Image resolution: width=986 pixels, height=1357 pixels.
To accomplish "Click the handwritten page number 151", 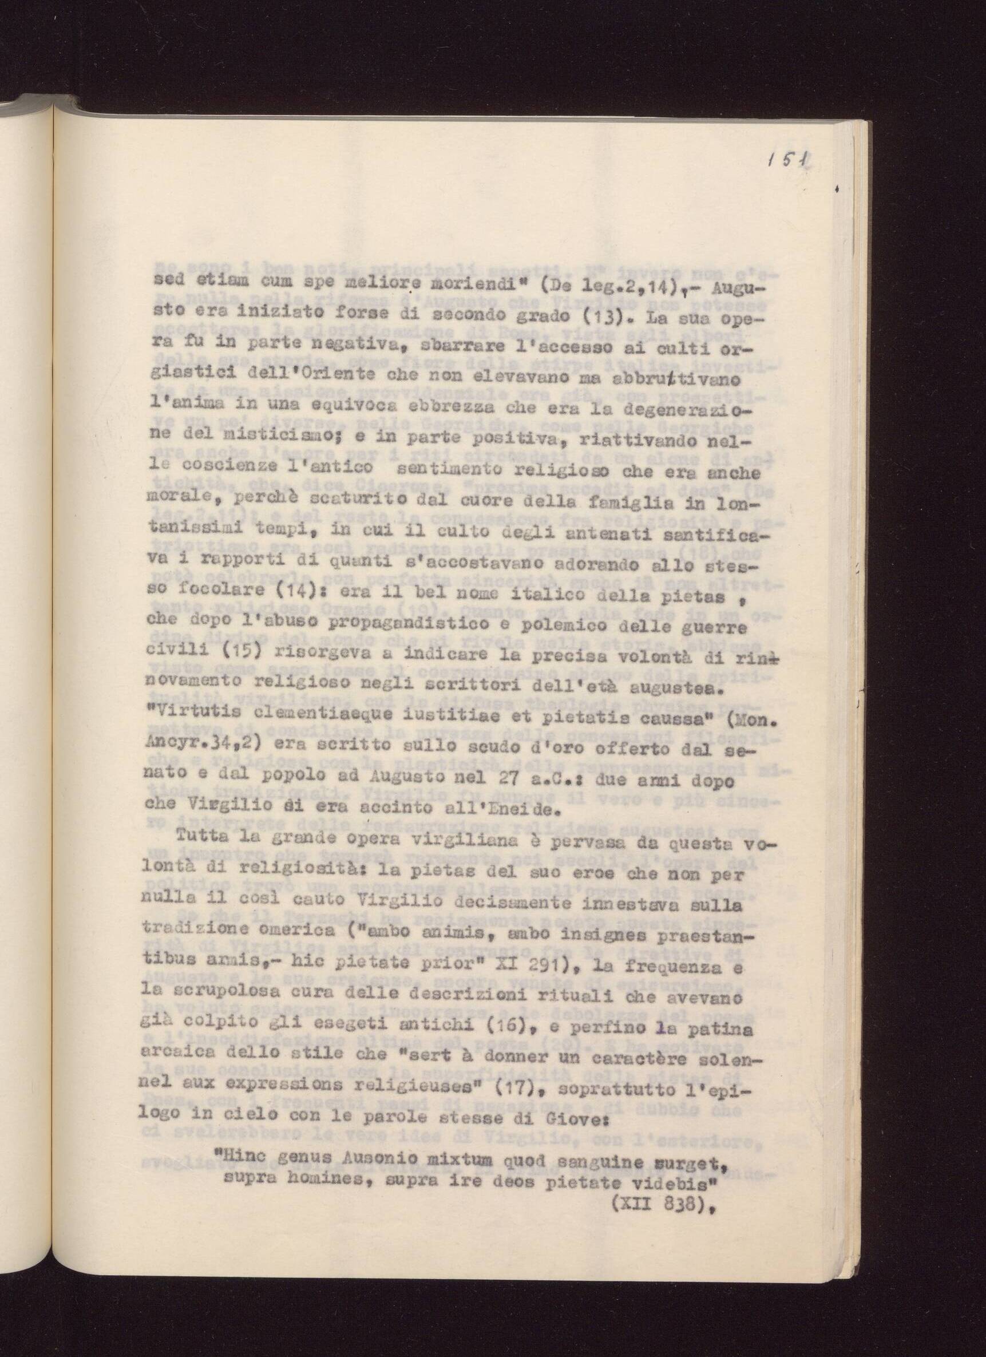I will [x=789, y=161].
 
